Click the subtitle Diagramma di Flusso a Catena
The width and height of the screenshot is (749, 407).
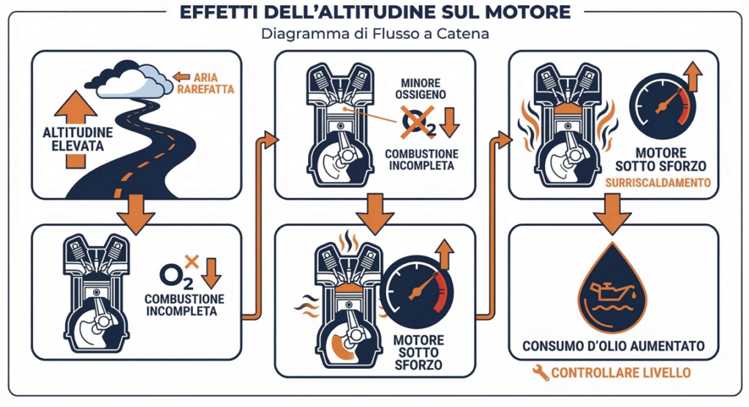click(x=374, y=34)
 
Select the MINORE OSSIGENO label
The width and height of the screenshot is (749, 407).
click(x=419, y=90)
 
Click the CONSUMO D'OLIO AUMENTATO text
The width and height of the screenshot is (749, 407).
click(x=613, y=346)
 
